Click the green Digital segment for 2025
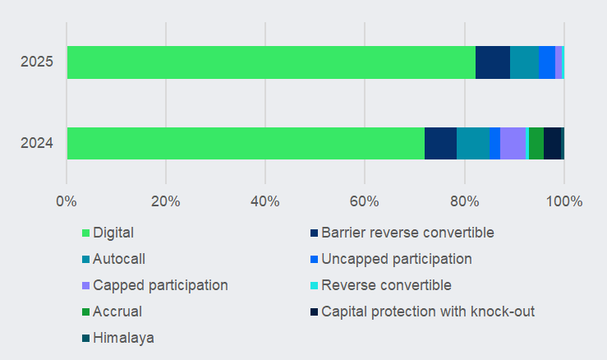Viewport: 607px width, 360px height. pyautogui.click(x=271, y=62)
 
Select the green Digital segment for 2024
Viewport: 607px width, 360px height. pyautogui.click(x=246, y=143)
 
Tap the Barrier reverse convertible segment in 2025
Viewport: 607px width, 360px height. pyautogui.click(x=493, y=62)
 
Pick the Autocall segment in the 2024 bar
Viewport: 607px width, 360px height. pyautogui.click(x=472, y=143)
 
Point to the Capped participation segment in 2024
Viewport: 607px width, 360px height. pyautogui.click(x=513, y=143)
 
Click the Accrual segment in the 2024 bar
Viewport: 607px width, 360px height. pyautogui.click(x=536, y=143)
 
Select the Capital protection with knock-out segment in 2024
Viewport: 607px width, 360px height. pyautogui.click(x=552, y=143)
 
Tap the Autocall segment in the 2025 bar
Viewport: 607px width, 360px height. pyautogui.click(x=524, y=62)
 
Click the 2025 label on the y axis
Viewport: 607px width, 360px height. pyautogui.click(x=37, y=62)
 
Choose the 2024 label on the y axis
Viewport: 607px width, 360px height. pyautogui.click(x=37, y=143)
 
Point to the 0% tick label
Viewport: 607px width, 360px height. pyautogui.click(x=67, y=201)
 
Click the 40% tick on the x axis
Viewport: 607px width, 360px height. pyautogui.click(x=265, y=201)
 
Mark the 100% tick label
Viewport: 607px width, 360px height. pyautogui.click(x=563, y=201)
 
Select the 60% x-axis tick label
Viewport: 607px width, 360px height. pyautogui.click(x=365, y=201)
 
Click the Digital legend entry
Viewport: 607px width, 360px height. pyautogui.click(x=113, y=233)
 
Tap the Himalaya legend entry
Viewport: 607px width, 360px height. pyautogui.click(x=123, y=338)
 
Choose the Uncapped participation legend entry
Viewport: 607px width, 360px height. pyautogui.click(x=397, y=259)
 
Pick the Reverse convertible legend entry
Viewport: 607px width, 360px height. pyautogui.click(x=386, y=285)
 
